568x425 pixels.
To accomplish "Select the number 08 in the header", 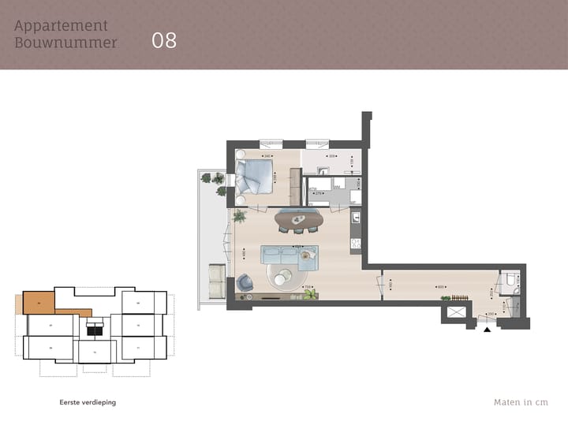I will [x=164, y=41].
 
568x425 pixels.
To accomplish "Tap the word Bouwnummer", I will [x=65, y=43].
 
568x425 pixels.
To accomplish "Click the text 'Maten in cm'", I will [x=520, y=402].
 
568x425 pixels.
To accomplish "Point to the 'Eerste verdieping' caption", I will [x=88, y=402].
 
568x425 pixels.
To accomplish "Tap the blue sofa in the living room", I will [x=289, y=254].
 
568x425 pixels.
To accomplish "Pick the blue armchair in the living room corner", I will [x=244, y=281].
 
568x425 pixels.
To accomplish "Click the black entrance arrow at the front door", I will [x=487, y=330].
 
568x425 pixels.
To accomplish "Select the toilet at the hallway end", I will [x=511, y=281].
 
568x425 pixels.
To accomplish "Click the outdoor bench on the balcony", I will [x=215, y=276].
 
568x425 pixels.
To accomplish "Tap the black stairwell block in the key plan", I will [x=95, y=330].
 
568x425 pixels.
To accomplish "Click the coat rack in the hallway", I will [x=456, y=297].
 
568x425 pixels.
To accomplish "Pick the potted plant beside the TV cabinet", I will [x=309, y=294].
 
